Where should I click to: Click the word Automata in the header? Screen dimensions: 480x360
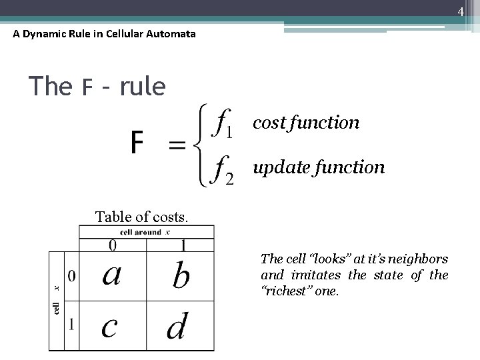[x=173, y=33]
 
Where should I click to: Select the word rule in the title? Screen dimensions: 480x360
[x=143, y=86]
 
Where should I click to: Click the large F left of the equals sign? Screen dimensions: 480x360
[x=137, y=142]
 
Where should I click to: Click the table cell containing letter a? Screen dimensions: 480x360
[x=111, y=274]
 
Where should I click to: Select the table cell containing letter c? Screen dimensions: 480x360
[x=111, y=325]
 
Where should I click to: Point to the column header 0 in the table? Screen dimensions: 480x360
[x=112, y=246]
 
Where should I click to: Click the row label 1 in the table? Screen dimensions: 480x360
[x=71, y=325]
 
